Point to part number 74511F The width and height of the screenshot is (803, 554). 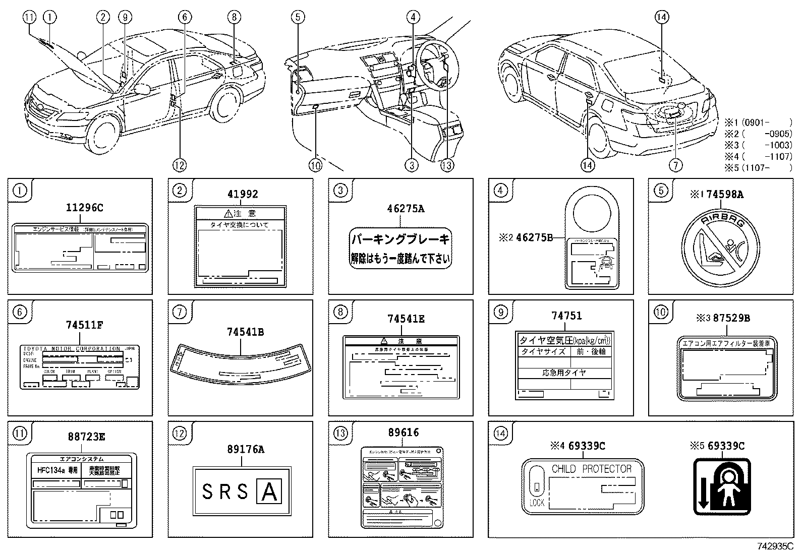click(84, 325)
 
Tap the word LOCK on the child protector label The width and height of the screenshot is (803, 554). click(537, 503)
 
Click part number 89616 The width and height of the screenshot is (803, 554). click(404, 433)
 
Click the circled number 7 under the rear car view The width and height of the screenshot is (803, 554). click(675, 164)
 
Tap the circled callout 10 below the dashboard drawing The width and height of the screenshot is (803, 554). click(315, 164)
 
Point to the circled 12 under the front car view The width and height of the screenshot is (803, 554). click(179, 164)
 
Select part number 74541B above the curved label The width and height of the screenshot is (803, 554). click(245, 332)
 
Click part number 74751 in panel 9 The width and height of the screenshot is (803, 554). click(566, 316)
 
